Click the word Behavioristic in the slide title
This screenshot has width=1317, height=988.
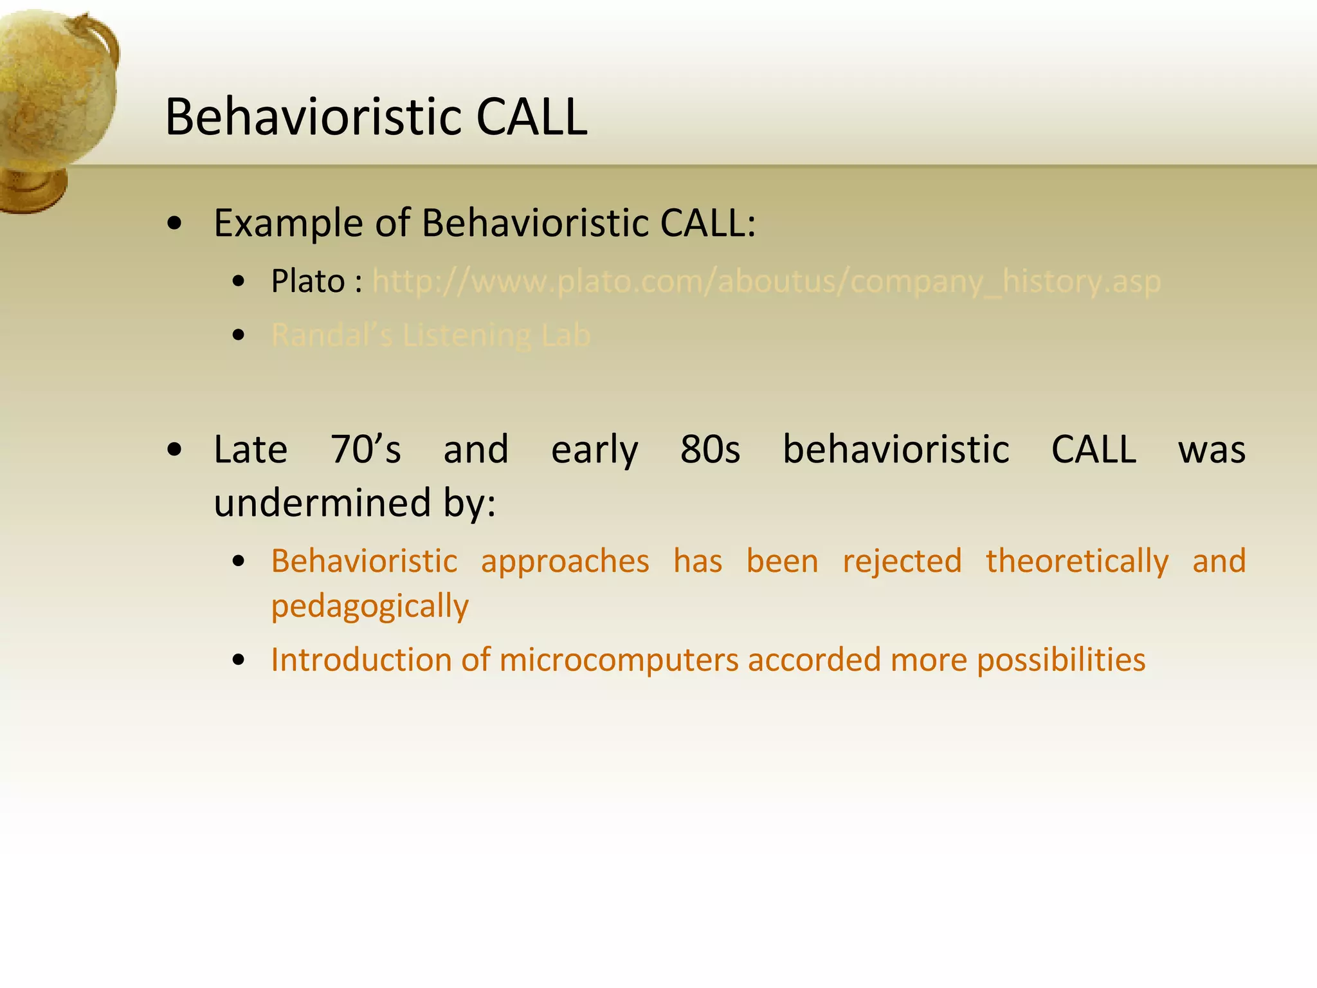[313, 117]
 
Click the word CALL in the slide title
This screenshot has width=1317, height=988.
[531, 117]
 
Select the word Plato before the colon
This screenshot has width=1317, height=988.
[307, 281]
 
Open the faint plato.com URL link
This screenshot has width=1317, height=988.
[766, 282]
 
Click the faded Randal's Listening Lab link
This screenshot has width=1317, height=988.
[430, 335]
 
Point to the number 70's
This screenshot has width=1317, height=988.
[365, 449]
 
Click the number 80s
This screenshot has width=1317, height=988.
[710, 449]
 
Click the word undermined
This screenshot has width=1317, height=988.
[322, 502]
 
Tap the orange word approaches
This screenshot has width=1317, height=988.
[565, 562]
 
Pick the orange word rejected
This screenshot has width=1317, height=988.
[902, 562]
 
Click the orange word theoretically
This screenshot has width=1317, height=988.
[1077, 562]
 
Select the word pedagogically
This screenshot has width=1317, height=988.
[370, 607]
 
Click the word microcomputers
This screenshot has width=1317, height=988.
[619, 660]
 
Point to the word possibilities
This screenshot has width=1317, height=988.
[1061, 660]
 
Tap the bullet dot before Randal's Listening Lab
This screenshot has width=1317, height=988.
[239, 335]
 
